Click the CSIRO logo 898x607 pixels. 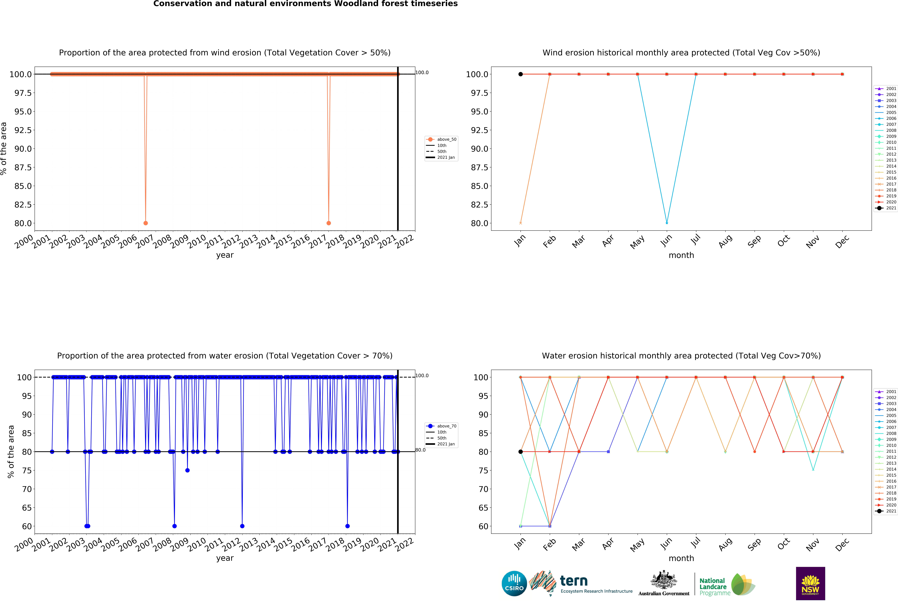(x=514, y=583)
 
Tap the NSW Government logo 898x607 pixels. (x=810, y=583)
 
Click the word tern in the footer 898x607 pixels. (x=574, y=581)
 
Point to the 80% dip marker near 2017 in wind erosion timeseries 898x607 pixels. (x=328, y=223)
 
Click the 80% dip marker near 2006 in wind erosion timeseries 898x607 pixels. (x=146, y=223)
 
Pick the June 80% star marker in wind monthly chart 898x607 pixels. (x=667, y=223)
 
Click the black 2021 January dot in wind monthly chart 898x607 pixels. (x=520, y=74)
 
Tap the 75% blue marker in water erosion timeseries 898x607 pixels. (x=187, y=470)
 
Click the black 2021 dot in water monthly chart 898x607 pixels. (x=520, y=452)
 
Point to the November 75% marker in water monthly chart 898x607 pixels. (x=813, y=470)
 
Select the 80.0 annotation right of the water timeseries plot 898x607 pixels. (x=420, y=450)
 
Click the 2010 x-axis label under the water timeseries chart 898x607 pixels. (x=197, y=544)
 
